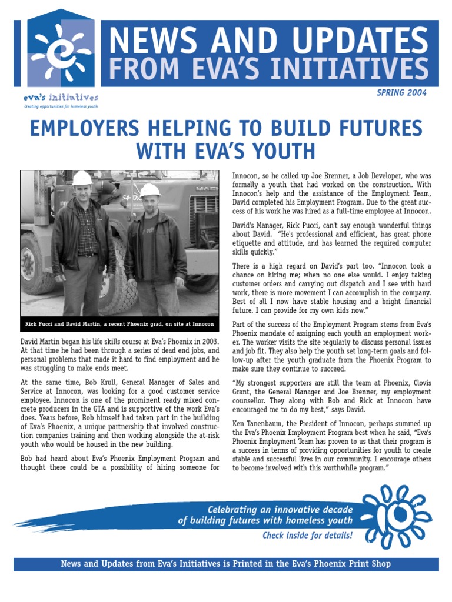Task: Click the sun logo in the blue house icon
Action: [x=59, y=53]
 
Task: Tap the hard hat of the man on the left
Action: [x=82, y=178]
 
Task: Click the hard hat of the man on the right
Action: [x=150, y=190]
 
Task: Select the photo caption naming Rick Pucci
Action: [x=119, y=324]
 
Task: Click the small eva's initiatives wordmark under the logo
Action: [x=61, y=98]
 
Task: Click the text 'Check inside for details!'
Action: [x=307, y=536]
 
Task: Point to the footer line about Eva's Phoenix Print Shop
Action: [x=226, y=564]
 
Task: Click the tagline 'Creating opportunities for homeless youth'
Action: [x=61, y=106]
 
